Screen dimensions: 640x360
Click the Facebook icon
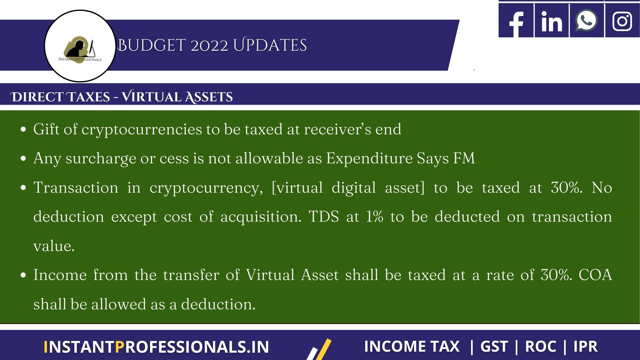tap(516, 21)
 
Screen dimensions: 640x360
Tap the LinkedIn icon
tap(552, 21)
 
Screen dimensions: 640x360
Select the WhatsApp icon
tap(587, 21)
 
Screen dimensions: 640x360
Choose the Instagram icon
tap(622, 21)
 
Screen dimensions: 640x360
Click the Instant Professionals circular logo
tap(80, 46)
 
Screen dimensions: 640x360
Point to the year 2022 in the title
tap(209, 45)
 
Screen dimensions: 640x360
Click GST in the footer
tap(494, 346)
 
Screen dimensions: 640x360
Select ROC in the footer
tap(541, 346)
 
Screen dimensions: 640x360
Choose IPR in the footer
tap(585, 346)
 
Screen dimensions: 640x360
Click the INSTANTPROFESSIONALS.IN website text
tap(156, 347)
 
